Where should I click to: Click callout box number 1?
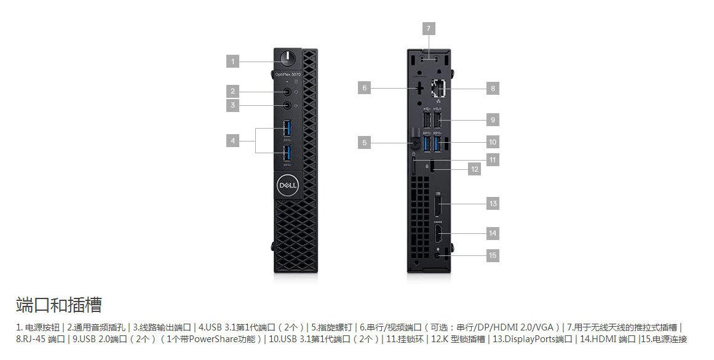pos(232,61)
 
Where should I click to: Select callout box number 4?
pos(232,141)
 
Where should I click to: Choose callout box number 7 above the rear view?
pos(429,28)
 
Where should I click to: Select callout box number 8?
pos(492,89)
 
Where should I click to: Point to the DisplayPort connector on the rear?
pos(437,204)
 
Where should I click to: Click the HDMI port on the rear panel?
pos(437,234)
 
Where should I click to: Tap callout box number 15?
pos(492,255)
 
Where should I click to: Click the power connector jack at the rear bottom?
pos(438,254)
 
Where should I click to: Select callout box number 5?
pos(365,143)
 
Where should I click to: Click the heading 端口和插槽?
pos(58,305)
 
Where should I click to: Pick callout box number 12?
pos(474,169)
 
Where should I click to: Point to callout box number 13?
pos(492,203)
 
